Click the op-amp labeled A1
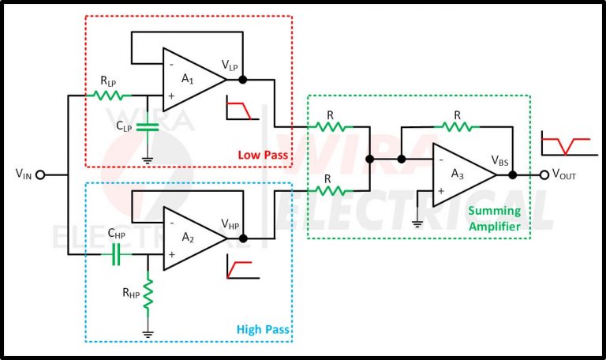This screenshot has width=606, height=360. [191, 79]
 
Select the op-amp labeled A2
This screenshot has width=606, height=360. [191, 237]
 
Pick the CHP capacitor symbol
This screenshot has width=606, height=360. [117, 254]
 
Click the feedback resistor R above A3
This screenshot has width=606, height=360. [458, 125]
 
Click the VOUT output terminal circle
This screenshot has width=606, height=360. [542, 175]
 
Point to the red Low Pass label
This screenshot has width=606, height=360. [263, 153]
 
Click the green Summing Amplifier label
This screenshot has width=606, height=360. [496, 218]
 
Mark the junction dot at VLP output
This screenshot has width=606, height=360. [242, 79]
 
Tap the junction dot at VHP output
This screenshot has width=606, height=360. [242, 238]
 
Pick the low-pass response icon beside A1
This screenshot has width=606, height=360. [239, 109]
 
